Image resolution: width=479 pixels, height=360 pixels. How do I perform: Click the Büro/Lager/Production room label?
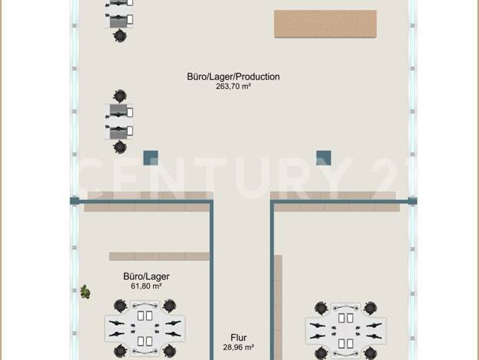233,77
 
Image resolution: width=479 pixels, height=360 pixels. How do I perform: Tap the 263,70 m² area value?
233,87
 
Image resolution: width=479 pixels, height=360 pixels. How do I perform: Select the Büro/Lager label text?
146,277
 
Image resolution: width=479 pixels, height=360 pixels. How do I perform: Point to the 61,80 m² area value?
146,286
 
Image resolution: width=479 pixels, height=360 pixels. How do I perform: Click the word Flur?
238,338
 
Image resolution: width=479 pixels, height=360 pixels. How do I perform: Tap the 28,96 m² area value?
238,348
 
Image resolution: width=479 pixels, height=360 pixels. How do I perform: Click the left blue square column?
151,158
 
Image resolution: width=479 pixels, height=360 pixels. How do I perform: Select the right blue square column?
324,158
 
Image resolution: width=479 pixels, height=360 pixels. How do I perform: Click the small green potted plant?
85,292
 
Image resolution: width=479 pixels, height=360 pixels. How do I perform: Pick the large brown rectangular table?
325,24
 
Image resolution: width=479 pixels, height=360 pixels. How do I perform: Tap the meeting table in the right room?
346,330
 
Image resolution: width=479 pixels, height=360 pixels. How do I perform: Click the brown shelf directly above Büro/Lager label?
159,257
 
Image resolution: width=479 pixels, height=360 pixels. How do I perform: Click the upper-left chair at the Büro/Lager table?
120,306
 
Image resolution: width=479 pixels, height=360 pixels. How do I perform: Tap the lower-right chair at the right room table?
370,353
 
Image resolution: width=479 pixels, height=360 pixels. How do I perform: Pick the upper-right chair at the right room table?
370,308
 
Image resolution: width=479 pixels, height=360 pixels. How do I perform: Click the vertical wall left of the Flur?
211,280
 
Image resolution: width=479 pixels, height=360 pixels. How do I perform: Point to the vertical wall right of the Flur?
272,280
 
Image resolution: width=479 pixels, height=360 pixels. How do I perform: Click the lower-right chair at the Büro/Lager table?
169,351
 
